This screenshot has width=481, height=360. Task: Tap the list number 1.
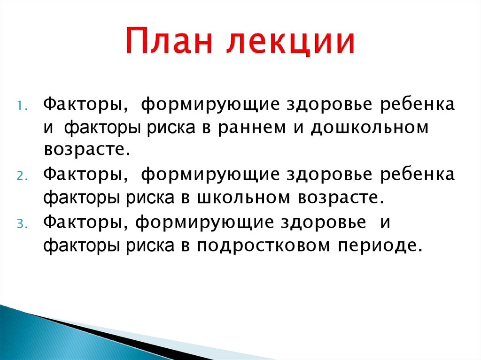pos(23,106)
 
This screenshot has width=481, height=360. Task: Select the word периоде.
pos(386,245)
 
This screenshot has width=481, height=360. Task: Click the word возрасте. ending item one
pos(86,150)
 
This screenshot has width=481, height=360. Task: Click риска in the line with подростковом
pos(152,245)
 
